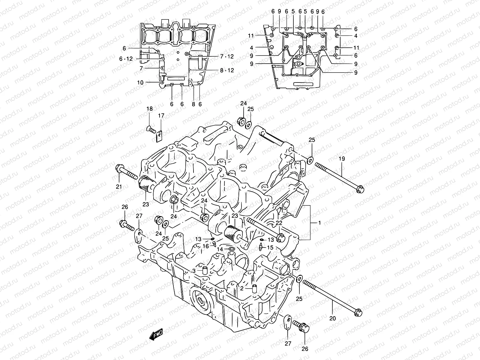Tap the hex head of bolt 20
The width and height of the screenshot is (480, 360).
pyautogui.click(x=358, y=312)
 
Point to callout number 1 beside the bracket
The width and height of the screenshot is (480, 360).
pyautogui.click(x=319, y=223)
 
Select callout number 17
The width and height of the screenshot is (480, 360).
pyautogui.click(x=161, y=115)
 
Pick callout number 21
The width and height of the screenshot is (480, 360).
pyautogui.click(x=119, y=187)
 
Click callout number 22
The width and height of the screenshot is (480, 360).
pyautogui.click(x=279, y=223)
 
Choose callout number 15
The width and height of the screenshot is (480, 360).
pyautogui.click(x=270, y=248)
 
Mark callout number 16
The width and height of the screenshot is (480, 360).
pyautogui.click(x=205, y=246)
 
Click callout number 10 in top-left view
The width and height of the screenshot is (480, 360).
pyautogui.click(x=140, y=82)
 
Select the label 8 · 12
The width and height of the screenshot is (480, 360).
pyautogui.click(x=235, y=70)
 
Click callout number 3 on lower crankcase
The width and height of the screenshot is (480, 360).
pyautogui.click(x=194, y=271)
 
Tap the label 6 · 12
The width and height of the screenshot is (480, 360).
pyautogui.click(x=125, y=59)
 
